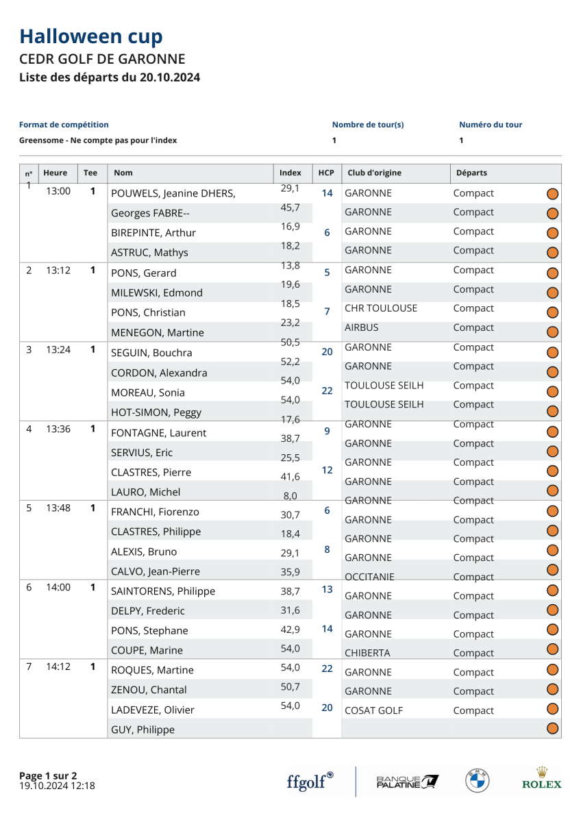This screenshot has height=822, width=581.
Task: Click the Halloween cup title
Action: click(91, 36)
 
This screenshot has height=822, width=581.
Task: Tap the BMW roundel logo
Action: click(477, 781)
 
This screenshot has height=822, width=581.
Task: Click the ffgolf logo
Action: click(310, 781)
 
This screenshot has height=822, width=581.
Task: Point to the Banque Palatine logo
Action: click(408, 781)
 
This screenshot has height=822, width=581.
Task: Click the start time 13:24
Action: click(58, 349)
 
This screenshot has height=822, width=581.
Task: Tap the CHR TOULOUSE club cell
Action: click(381, 308)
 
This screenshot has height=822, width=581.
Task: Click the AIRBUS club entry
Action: click(362, 327)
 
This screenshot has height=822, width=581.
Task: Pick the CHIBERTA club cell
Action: click(367, 653)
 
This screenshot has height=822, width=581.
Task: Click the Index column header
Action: click(290, 173)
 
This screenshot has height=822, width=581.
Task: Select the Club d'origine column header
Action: click(375, 173)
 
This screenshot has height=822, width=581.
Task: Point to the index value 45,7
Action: click(290, 208)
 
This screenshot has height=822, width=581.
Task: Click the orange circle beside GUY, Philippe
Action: click(553, 729)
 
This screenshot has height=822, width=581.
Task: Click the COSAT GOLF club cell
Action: click(373, 711)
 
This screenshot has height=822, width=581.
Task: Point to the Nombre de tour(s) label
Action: click(368, 125)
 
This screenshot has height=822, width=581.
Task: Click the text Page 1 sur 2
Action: click(48, 775)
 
